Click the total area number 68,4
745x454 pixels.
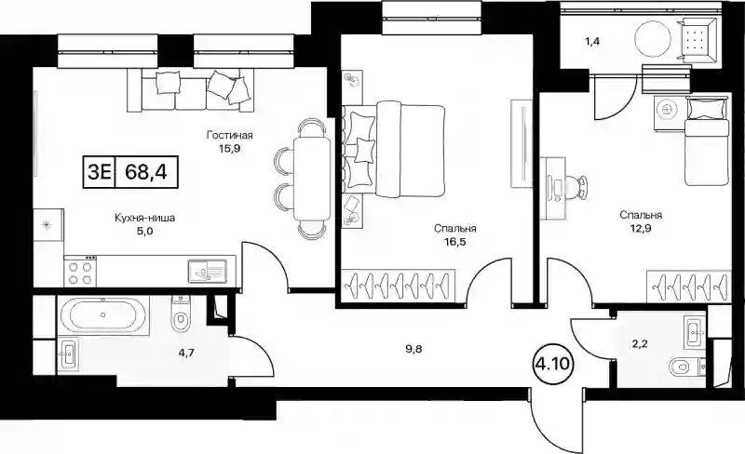coord(147,170)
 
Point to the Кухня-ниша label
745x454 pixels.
coord(145,218)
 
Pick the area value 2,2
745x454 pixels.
coord(639,343)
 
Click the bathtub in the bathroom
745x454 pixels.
coord(102,315)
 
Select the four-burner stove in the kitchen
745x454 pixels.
coord(80,272)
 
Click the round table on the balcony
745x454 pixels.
coord(649,41)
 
